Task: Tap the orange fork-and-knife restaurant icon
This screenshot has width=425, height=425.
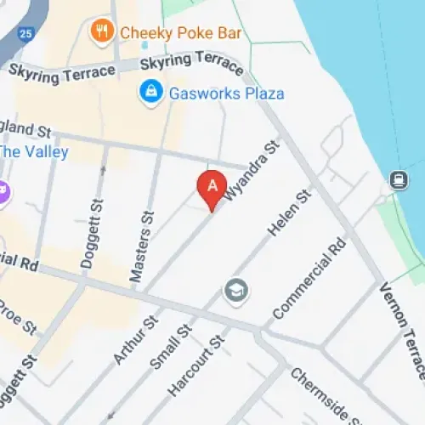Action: [x=103, y=32]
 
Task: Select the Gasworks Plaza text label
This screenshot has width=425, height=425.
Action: [x=226, y=93]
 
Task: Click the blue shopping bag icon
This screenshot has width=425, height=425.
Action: [x=151, y=92]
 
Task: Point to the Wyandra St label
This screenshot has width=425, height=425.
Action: [x=254, y=171]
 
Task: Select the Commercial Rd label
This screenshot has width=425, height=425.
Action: [x=310, y=278]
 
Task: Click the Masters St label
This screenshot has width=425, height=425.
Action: [x=141, y=247]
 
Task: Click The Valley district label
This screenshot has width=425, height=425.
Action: [x=32, y=152]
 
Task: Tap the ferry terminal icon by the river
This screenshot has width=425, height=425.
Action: [x=397, y=179]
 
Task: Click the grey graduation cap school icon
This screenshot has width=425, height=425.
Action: [x=235, y=292]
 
